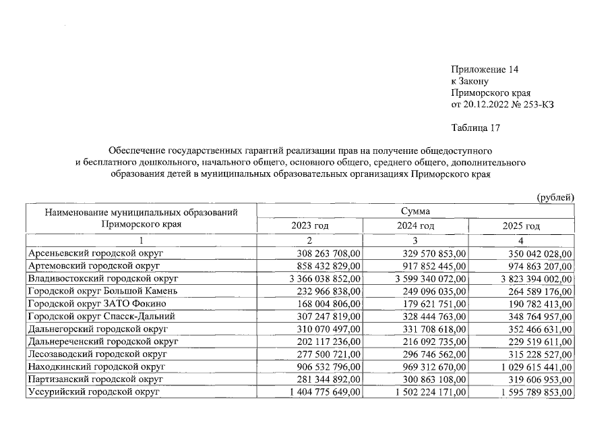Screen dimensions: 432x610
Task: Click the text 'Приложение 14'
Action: pos(484,70)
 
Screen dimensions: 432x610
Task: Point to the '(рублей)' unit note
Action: pos(555,197)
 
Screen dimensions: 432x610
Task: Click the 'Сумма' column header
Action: pos(415,212)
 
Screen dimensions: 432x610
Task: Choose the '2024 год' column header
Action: pos(415,226)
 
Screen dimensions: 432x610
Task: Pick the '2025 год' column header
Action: pos(521,226)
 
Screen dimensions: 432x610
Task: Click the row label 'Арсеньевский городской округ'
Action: pos(96,253)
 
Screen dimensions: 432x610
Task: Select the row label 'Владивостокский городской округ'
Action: pos(102,278)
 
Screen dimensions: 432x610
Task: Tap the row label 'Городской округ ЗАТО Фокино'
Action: pos(96,303)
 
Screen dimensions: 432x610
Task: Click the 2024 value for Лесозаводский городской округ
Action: pos(430,354)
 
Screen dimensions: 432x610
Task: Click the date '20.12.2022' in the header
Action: pos(485,104)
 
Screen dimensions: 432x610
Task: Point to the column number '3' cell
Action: pos(415,240)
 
